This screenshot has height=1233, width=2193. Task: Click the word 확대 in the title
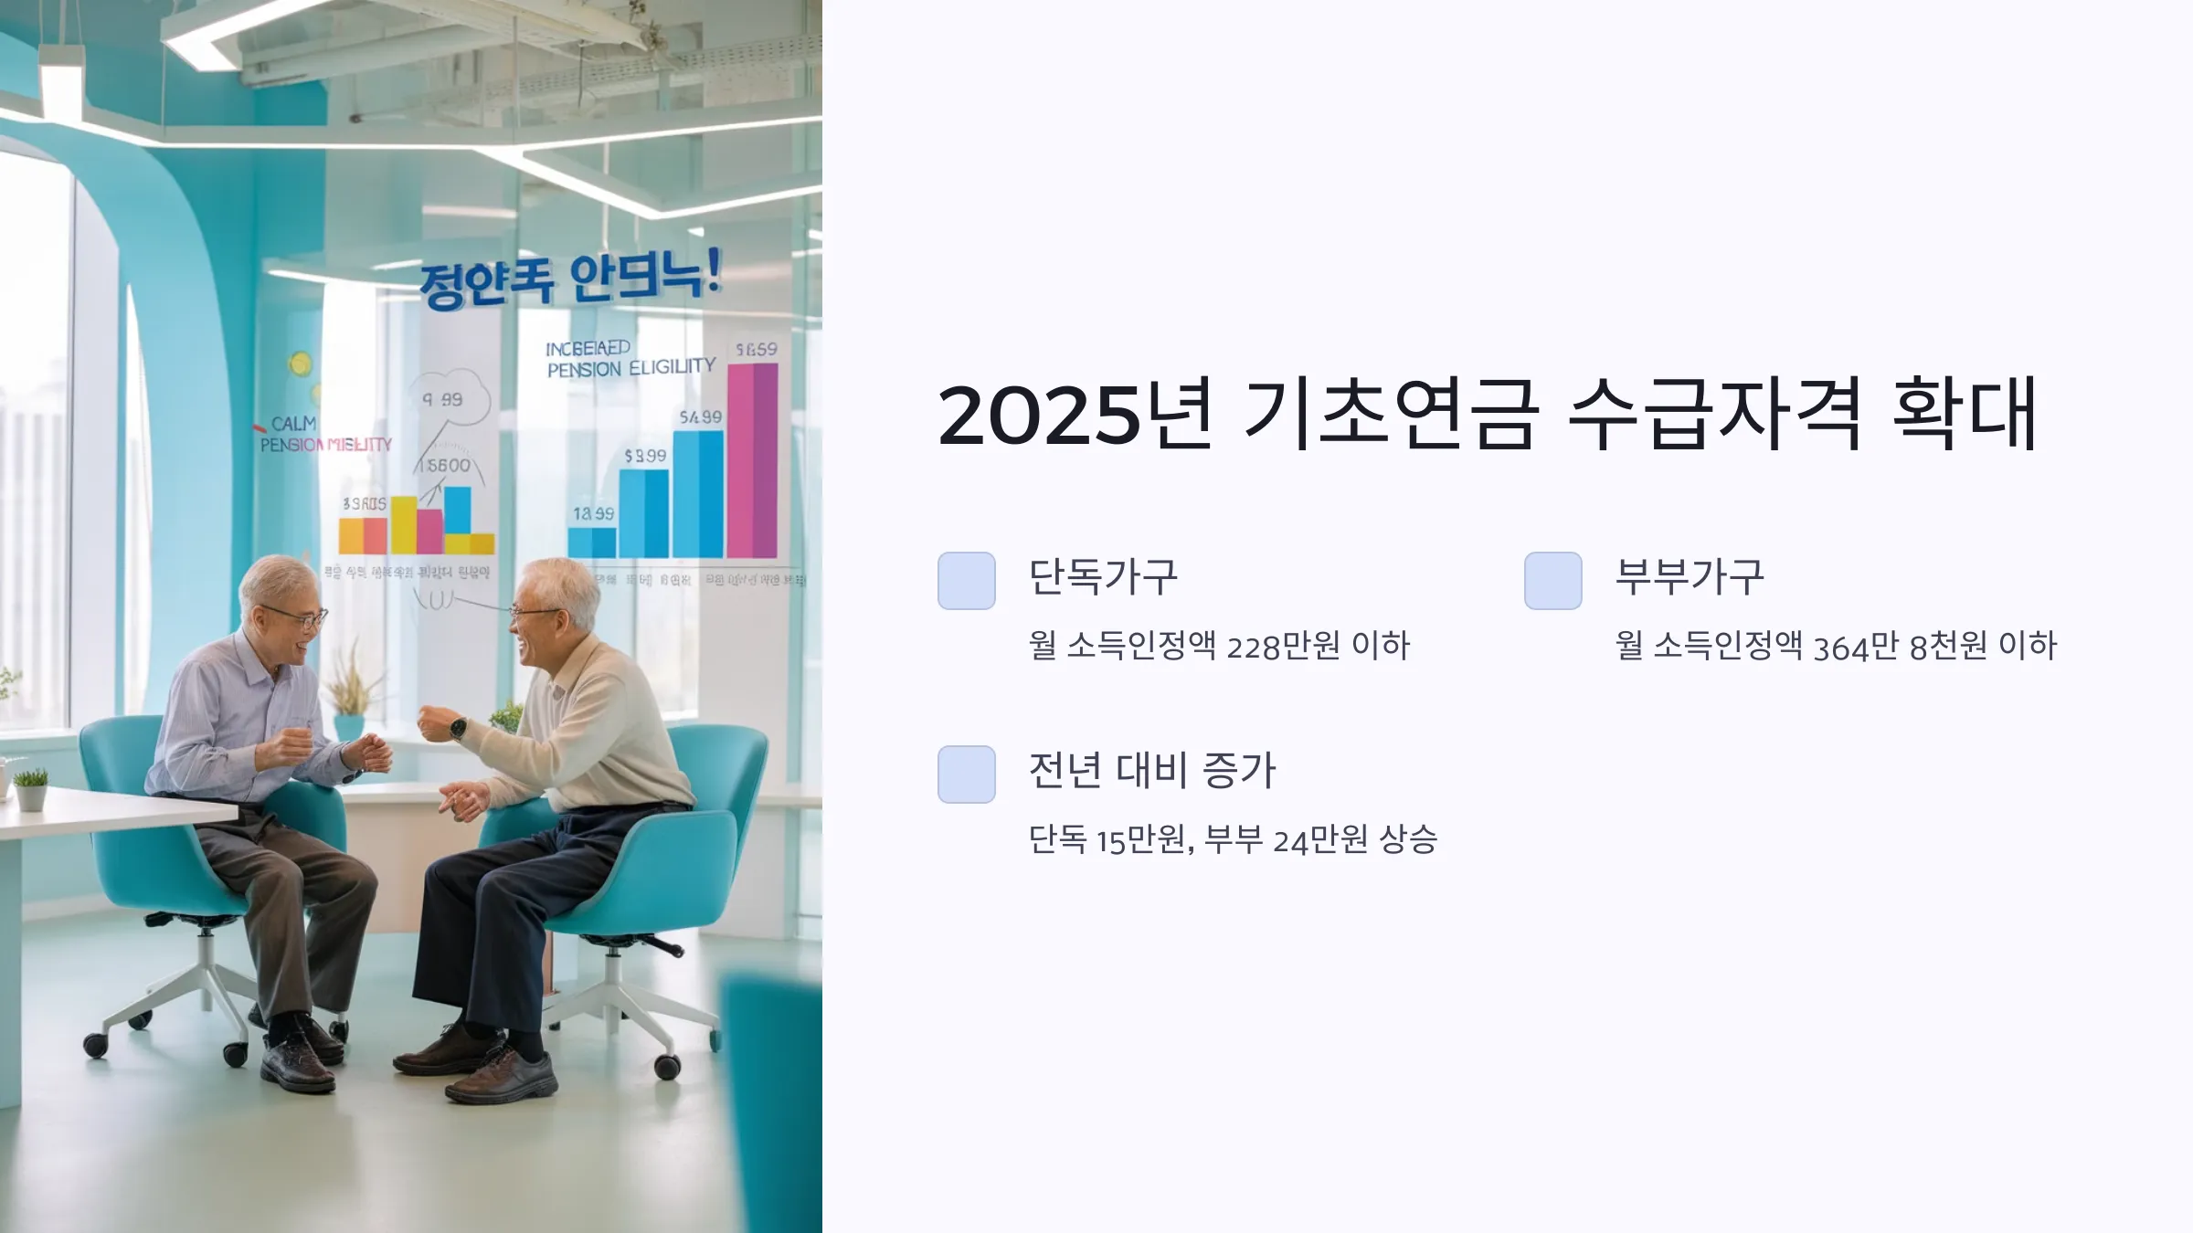1965,414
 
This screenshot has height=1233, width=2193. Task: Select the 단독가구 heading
1103,577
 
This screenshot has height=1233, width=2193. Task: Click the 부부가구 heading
1690,577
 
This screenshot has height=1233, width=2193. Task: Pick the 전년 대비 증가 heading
1151,771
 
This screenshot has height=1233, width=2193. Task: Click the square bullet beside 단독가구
967,581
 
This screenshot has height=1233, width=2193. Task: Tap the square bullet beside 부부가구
1553,581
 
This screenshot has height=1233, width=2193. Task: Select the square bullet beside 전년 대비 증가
967,775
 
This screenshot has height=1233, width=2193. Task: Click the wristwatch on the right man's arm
457,728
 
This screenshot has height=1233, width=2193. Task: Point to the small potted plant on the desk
31,790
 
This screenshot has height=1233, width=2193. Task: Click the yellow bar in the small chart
404,524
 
